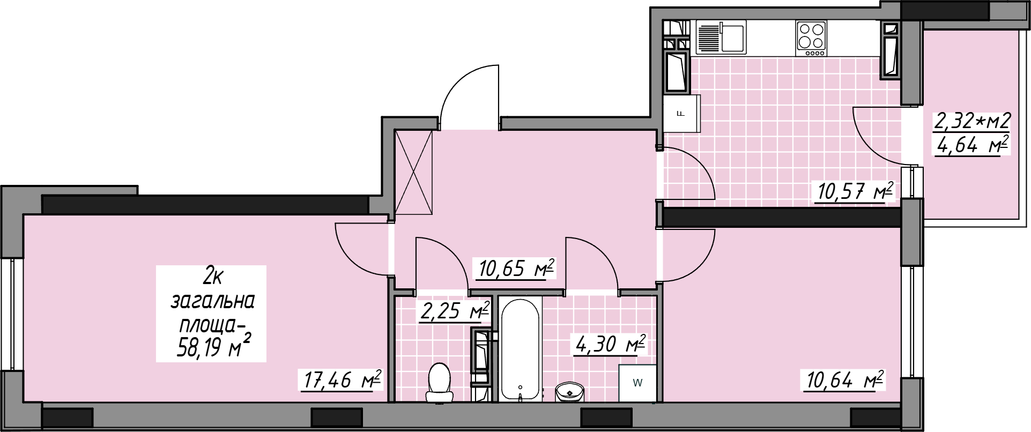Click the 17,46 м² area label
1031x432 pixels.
[342, 380]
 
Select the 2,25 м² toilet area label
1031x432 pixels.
[455, 311]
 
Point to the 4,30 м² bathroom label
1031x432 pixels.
[610, 344]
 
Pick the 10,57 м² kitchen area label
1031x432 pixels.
[855, 191]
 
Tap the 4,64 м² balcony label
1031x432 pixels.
[972, 145]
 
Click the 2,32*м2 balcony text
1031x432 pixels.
[972, 121]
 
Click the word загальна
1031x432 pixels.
[212, 301]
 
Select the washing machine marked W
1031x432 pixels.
[637, 383]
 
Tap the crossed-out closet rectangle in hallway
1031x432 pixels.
[413, 172]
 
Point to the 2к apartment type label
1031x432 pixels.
[213, 277]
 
